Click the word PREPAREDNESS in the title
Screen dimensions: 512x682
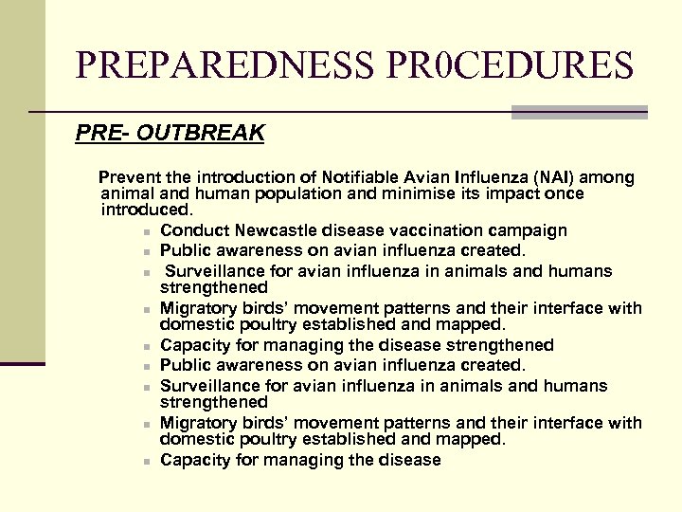[224, 64]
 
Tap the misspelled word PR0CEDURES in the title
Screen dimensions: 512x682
[509, 64]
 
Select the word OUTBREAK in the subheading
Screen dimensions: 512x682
[200, 133]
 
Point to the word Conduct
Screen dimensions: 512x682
[192, 230]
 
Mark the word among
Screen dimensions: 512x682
[607, 177]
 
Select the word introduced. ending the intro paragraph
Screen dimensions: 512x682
[147, 209]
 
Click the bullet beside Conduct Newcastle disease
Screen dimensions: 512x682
[138, 231]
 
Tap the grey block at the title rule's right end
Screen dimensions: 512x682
[580, 112]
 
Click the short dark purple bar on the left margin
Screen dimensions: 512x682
[23, 363]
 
